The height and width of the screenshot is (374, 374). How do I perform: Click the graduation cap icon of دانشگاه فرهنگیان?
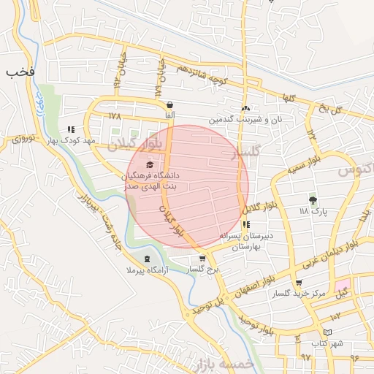pyautogui.click(x=150, y=165)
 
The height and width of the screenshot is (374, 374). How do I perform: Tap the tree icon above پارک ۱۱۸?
pyautogui.click(x=313, y=199)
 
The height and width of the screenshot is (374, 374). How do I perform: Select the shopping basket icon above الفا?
pyautogui.click(x=169, y=104)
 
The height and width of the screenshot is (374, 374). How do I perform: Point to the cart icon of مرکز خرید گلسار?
pyautogui.click(x=298, y=283)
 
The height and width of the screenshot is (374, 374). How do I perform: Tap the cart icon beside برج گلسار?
pyautogui.click(x=202, y=259)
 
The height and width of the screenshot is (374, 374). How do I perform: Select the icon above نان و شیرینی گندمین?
pyautogui.click(x=245, y=107)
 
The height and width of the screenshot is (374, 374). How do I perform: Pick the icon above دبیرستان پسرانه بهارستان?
pyautogui.click(x=245, y=225)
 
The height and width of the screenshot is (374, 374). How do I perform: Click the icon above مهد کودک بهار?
pyautogui.click(x=70, y=129)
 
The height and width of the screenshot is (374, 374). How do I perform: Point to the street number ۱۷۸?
pyautogui.click(x=114, y=116)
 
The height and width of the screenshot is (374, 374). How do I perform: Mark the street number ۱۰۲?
pyautogui.click(x=335, y=316)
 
